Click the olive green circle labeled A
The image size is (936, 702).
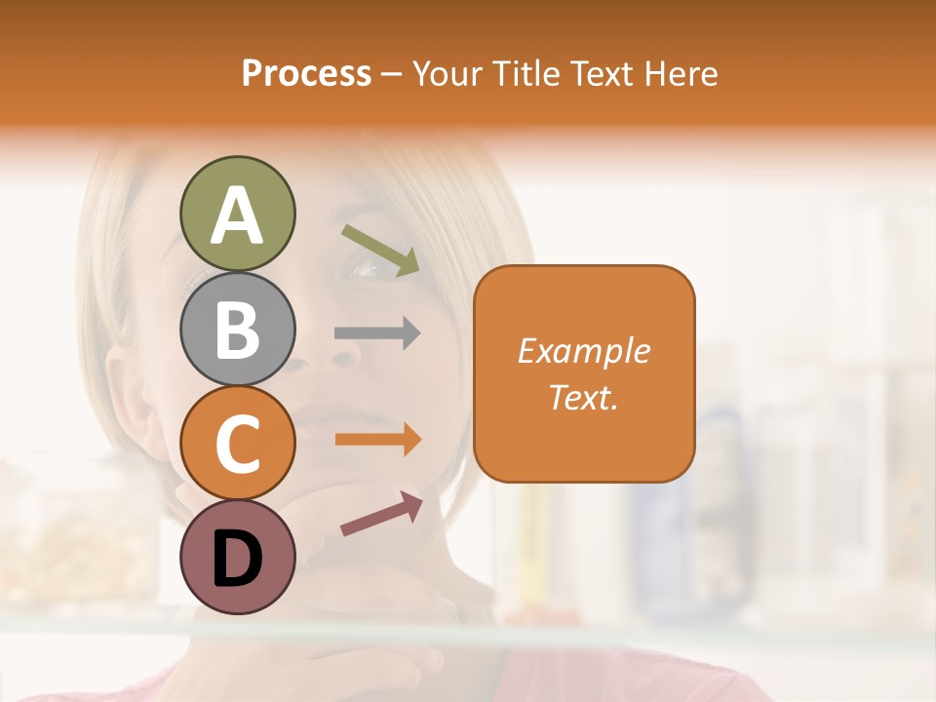[x=237, y=214]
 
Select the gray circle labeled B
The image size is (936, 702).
[x=237, y=329]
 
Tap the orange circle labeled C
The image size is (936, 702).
[x=237, y=443]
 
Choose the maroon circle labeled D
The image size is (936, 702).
[x=237, y=557]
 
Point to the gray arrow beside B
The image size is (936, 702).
[x=377, y=332]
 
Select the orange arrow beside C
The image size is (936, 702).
[x=377, y=439]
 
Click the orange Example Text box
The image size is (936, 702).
[x=584, y=373]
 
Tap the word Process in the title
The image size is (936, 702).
[x=306, y=73]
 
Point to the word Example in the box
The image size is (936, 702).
[x=584, y=351]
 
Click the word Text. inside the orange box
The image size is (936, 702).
[x=584, y=397]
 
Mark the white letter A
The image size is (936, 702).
[x=237, y=214]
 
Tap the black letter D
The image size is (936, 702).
[x=237, y=559]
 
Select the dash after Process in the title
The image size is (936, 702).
[x=391, y=74]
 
